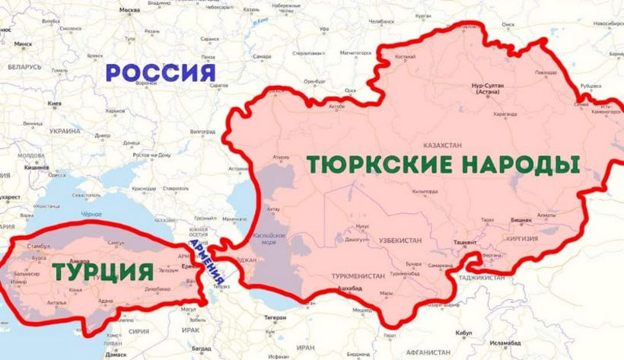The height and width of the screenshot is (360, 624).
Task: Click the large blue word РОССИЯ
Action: (x=160, y=73)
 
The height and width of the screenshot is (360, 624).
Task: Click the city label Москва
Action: (x=130, y=11)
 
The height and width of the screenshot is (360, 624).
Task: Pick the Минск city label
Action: (x=23, y=44)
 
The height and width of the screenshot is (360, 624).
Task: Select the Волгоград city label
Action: (x=202, y=131)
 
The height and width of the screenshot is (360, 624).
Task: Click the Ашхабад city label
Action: (x=349, y=288)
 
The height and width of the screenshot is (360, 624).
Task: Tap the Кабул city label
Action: (x=463, y=333)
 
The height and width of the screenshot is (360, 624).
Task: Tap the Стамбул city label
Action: (x=37, y=247)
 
